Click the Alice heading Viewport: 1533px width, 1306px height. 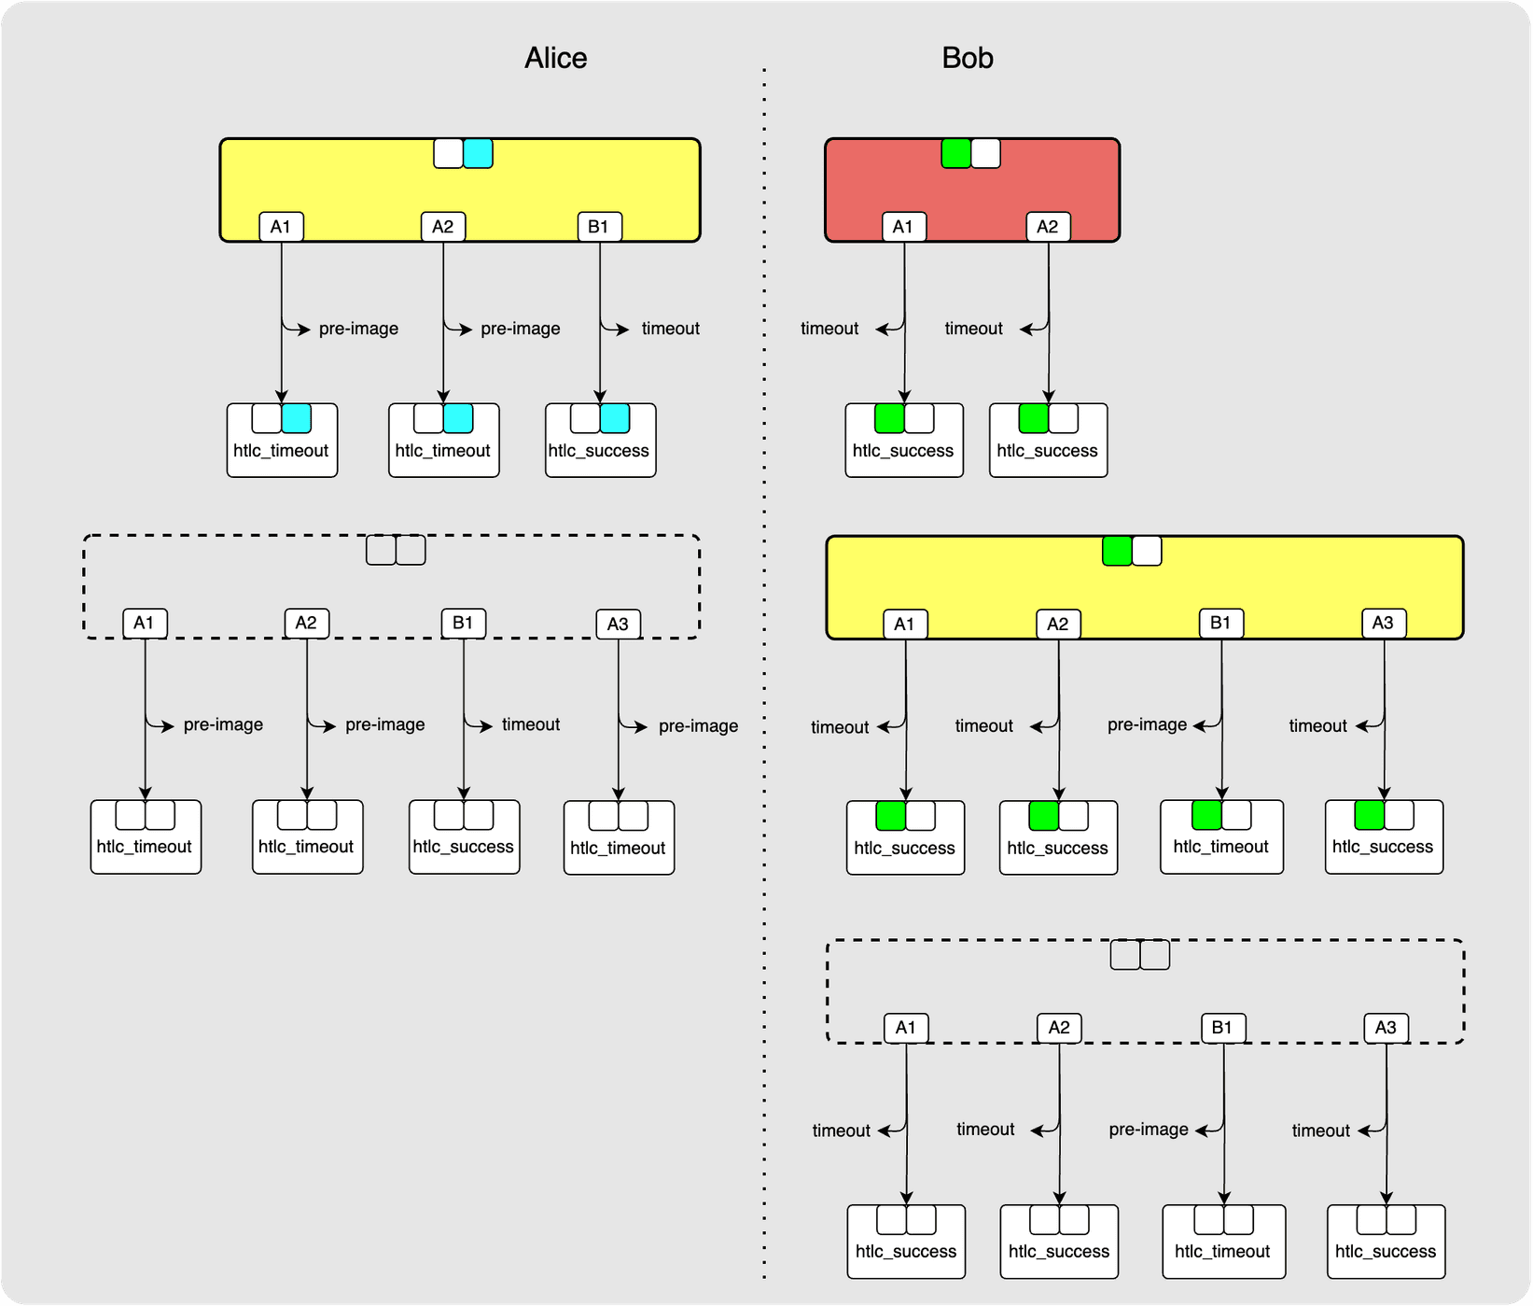click(555, 58)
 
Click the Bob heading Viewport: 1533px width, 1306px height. click(967, 58)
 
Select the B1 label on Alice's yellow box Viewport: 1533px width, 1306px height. click(598, 227)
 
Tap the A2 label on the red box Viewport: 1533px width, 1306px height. click(1047, 227)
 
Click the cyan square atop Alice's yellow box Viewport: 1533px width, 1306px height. click(478, 153)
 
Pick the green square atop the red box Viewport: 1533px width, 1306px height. click(956, 153)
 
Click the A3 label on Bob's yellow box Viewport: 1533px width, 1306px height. click(1383, 623)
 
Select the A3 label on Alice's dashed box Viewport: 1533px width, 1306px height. click(618, 624)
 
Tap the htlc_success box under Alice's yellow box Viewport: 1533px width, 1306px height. click(600, 441)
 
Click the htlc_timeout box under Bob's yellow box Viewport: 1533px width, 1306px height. click(1220, 837)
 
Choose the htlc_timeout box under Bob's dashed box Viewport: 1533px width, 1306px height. click(1222, 1242)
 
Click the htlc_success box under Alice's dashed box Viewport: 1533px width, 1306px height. click(464, 837)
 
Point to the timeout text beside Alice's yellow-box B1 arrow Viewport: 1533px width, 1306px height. click(670, 329)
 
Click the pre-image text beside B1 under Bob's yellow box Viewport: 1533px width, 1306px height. click(1147, 724)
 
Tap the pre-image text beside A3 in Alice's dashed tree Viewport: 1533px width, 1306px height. click(698, 726)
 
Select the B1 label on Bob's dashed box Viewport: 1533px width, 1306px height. click(1221, 1028)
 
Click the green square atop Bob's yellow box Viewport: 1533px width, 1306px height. click(1117, 551)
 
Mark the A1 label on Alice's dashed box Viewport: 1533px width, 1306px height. click(144, 623)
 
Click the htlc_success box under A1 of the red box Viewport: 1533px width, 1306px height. click(903, 441)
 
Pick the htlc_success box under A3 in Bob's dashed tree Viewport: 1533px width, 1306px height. click(1385, 1242)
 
